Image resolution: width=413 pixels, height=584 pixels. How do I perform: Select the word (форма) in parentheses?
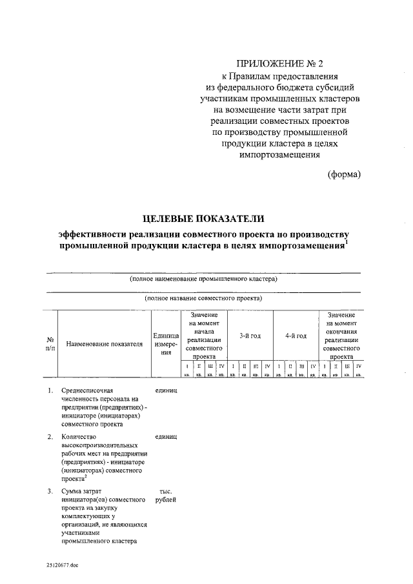[x=343, y=174]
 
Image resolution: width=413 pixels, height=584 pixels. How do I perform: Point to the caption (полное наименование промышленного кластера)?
[x=203, y=279]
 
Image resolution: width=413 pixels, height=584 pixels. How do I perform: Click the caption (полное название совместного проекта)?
[x=203, y=299]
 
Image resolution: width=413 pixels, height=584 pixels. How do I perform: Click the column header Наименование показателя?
[x=104, y=344]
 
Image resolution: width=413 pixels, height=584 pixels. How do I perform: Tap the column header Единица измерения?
[x=166, y=344]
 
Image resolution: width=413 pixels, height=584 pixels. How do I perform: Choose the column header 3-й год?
[x=250, y=336]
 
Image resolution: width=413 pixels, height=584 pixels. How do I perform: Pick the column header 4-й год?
[x=296, y=336]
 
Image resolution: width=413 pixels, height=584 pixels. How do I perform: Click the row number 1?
[x=50, y=391]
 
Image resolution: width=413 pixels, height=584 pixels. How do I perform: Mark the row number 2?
[x=50, y=437]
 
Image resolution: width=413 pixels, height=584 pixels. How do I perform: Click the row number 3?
[x=50, y=492]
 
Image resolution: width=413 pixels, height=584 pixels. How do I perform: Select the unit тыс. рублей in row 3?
[x=166, y=496]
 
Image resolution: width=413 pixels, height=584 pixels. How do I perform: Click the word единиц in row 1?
[x=166, y=391]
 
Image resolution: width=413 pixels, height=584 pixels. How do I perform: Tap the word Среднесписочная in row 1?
[x=87, y=391]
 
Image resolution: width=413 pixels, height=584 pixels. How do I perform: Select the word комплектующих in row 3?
[x=84, y=517]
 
